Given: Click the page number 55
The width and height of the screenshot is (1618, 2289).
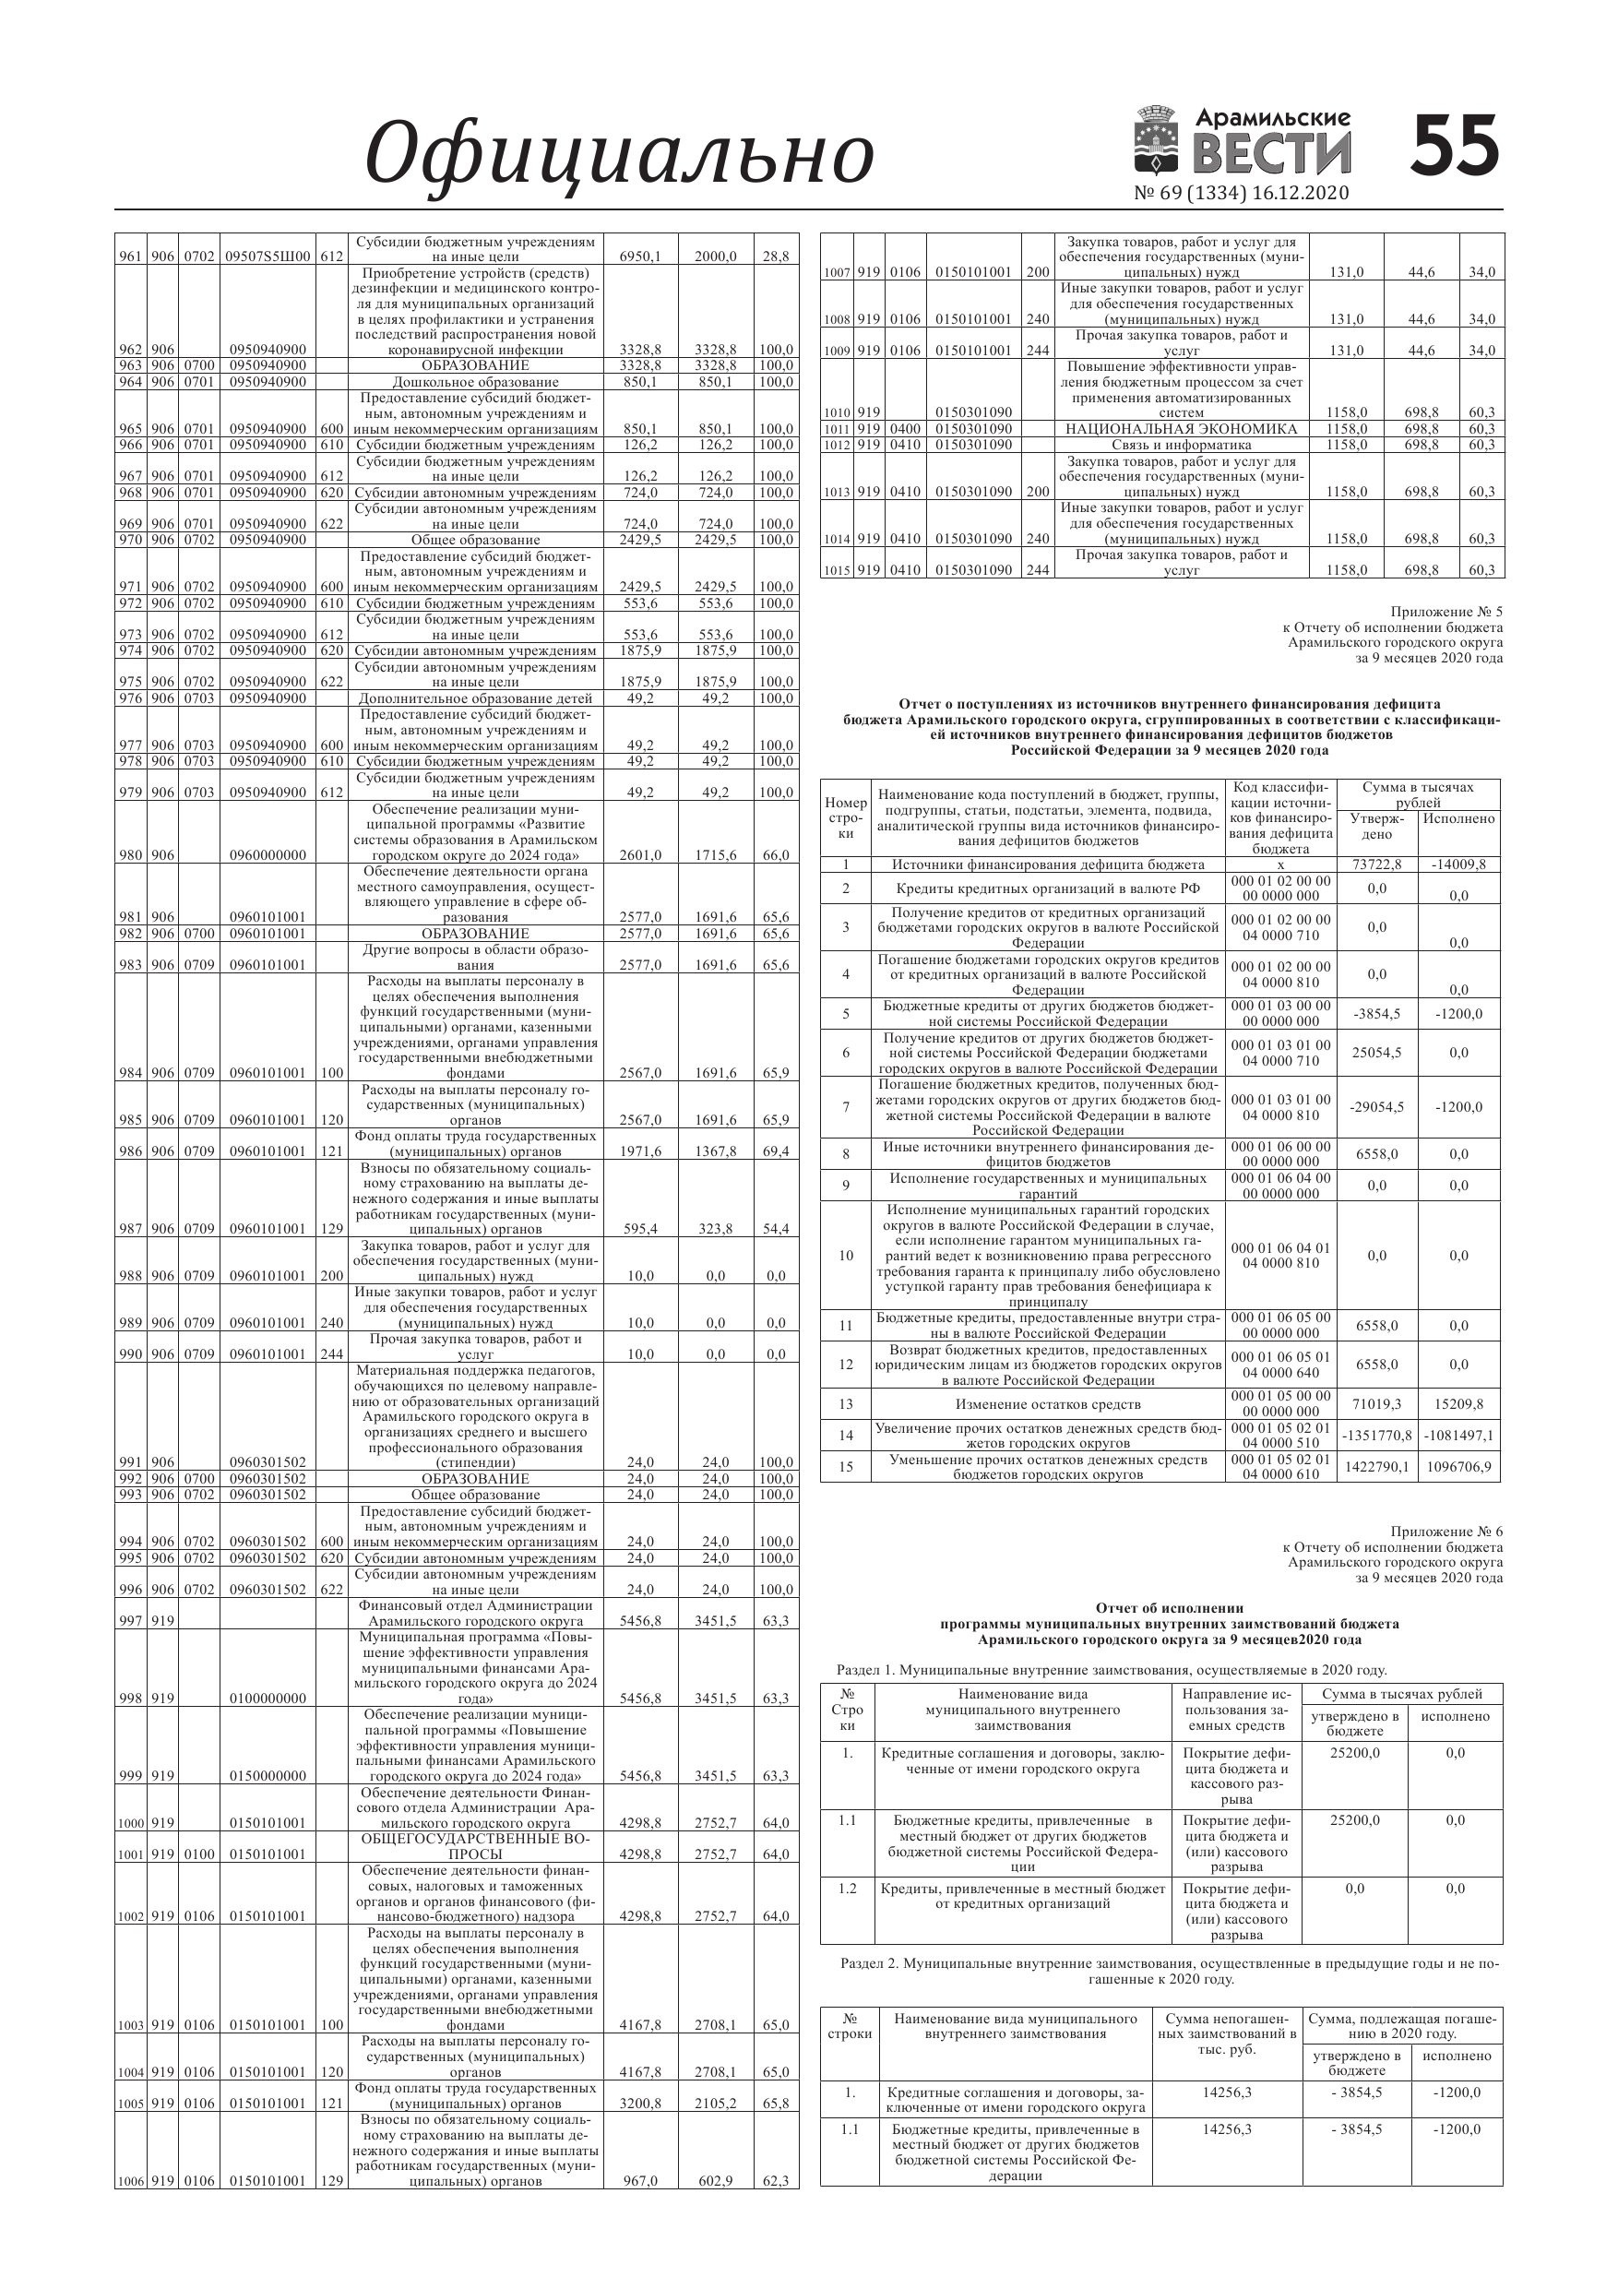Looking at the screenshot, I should click(x=1456, y=146).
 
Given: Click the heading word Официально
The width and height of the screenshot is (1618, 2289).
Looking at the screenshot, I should click(x=619, y=153).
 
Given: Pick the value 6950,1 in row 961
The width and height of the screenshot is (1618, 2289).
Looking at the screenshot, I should click(x=640, y=256).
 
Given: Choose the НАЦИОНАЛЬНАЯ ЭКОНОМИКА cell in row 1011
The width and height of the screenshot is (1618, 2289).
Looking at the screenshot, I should click(x=1182, y=429).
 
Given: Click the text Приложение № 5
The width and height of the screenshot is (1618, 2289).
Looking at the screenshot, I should click(x=1445, y=611).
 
